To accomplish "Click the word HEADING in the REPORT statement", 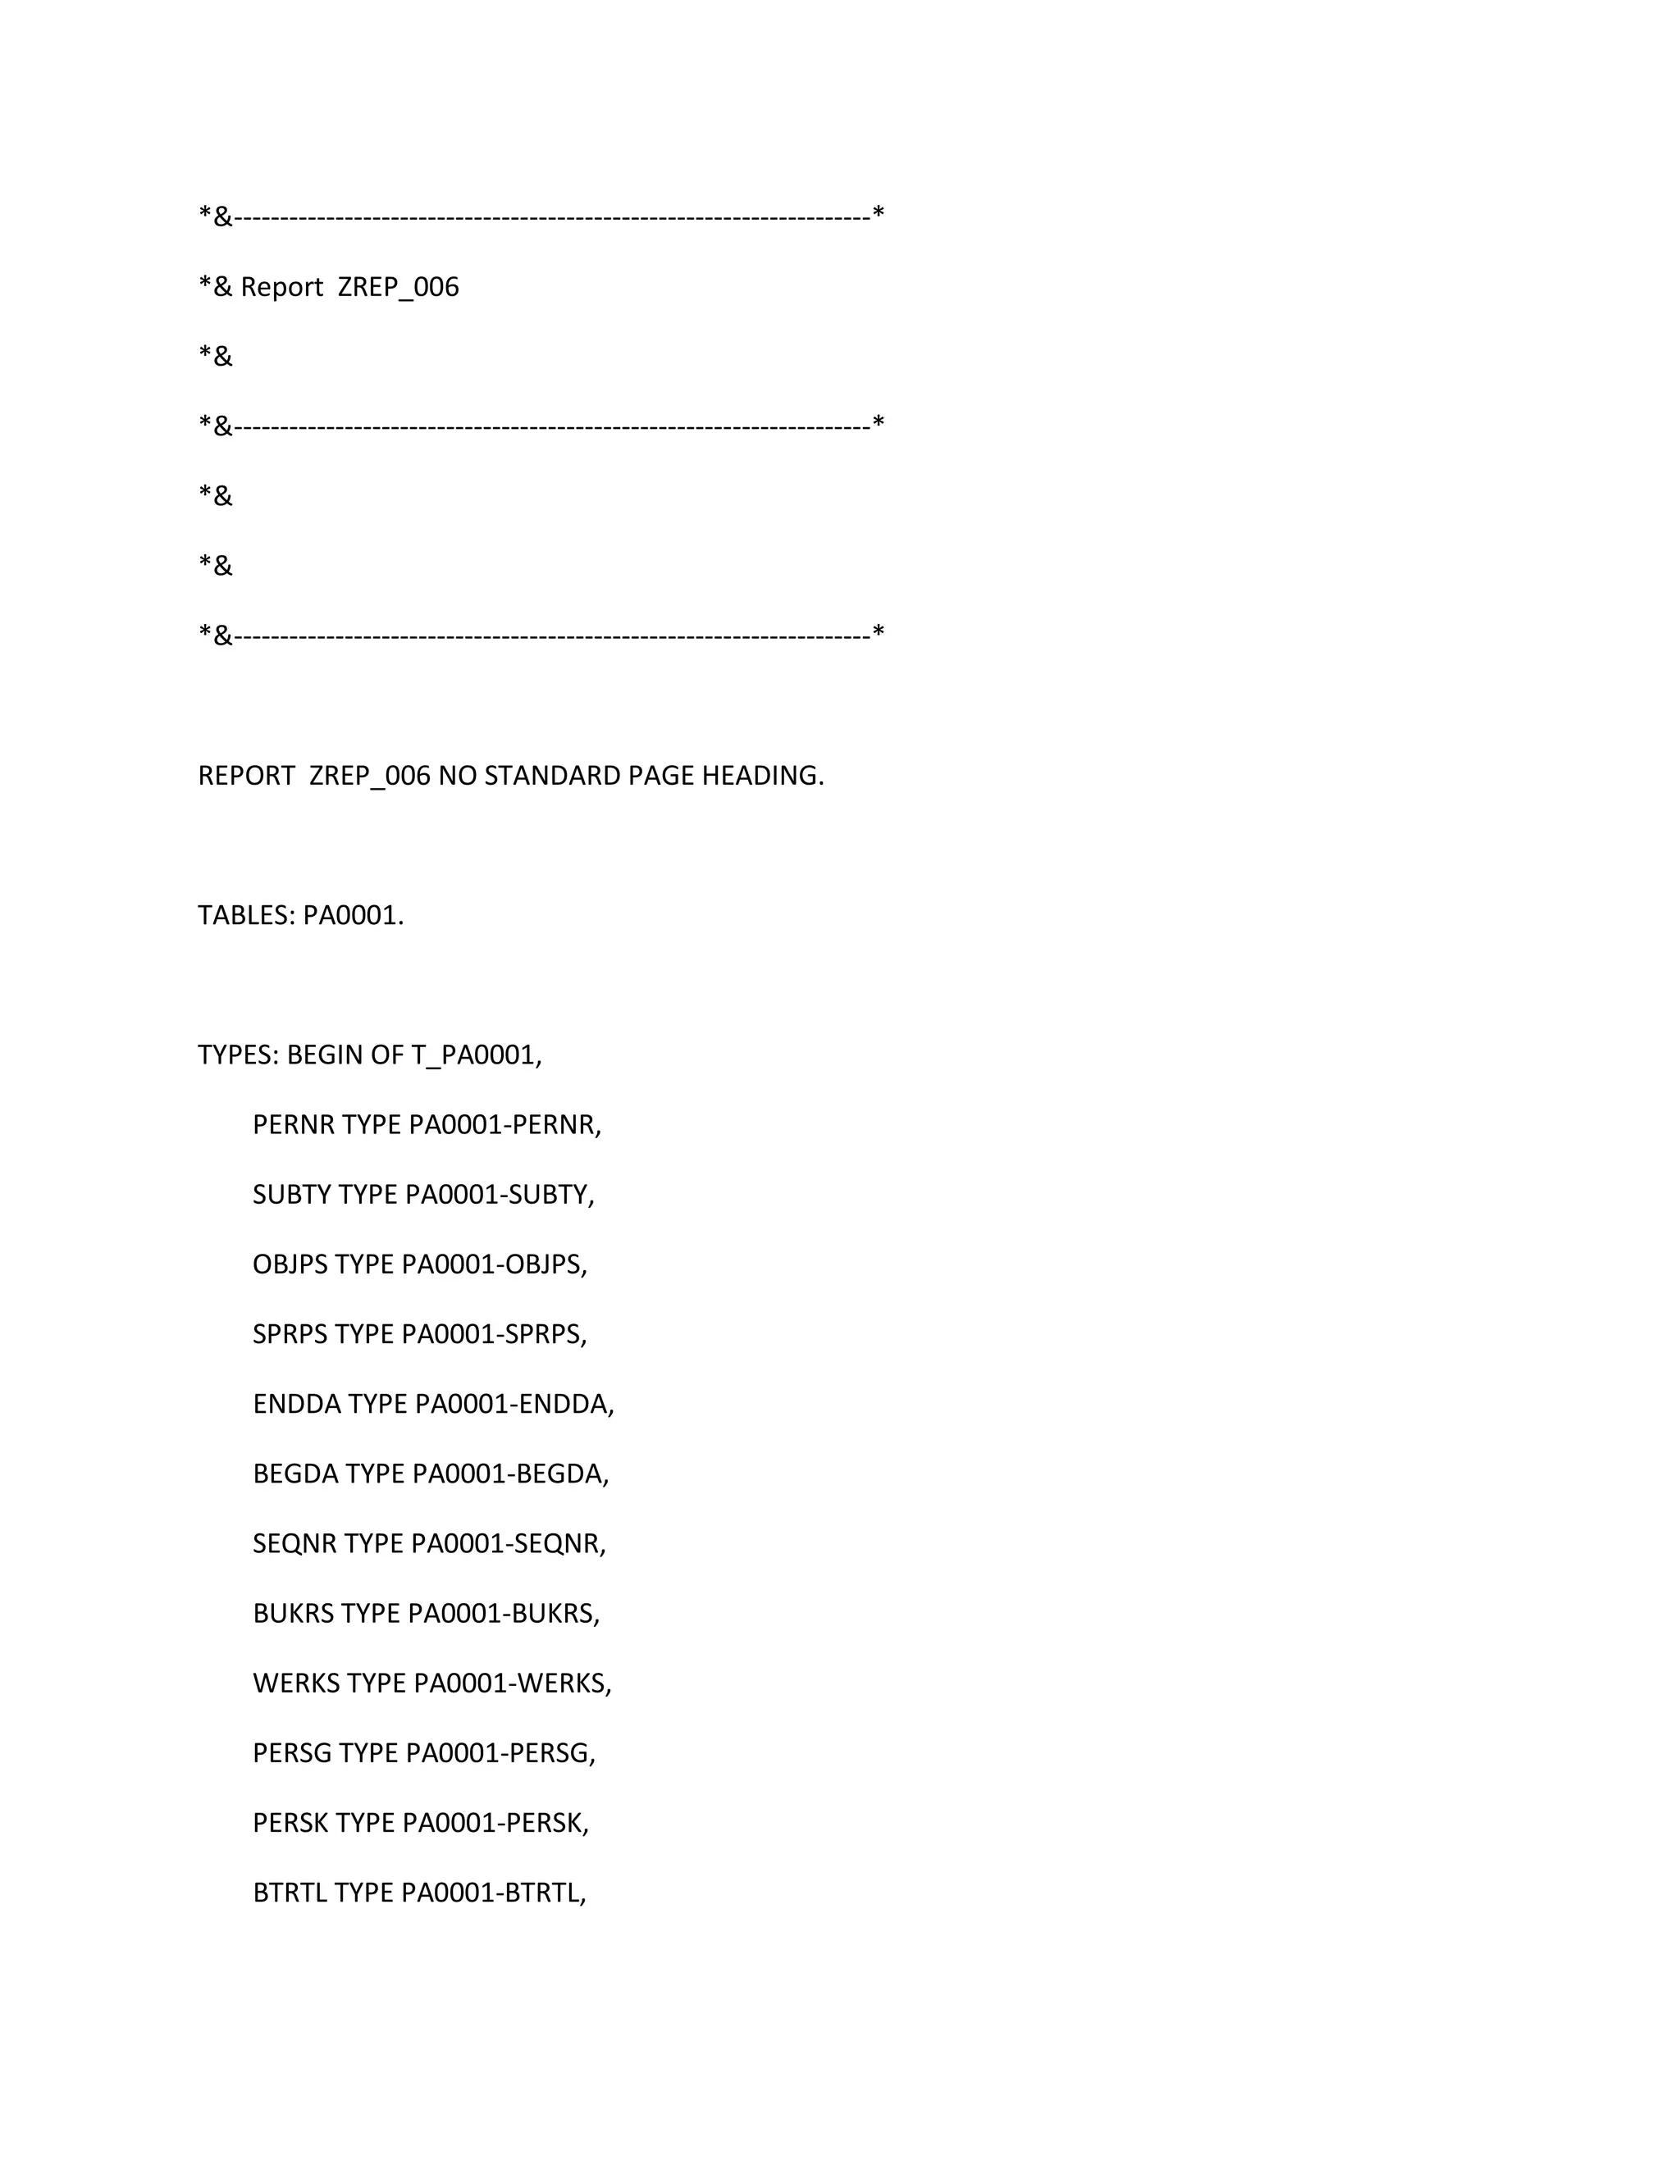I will [x=762, y=775].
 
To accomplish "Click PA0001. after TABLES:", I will [x=354, y=914].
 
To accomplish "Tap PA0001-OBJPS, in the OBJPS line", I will [x=495, y=1264].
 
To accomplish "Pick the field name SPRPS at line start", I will [x=290, y=1333].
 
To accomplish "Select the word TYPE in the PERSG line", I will [x=369, y=1752].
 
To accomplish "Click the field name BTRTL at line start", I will [x=290, y=1893].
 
